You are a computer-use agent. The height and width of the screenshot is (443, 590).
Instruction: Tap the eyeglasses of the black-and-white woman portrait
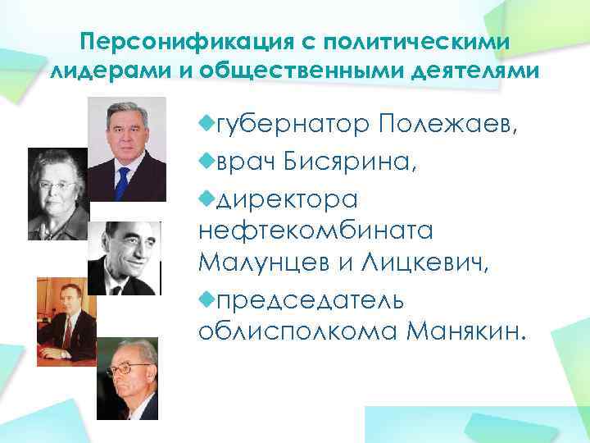[56, 185]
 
